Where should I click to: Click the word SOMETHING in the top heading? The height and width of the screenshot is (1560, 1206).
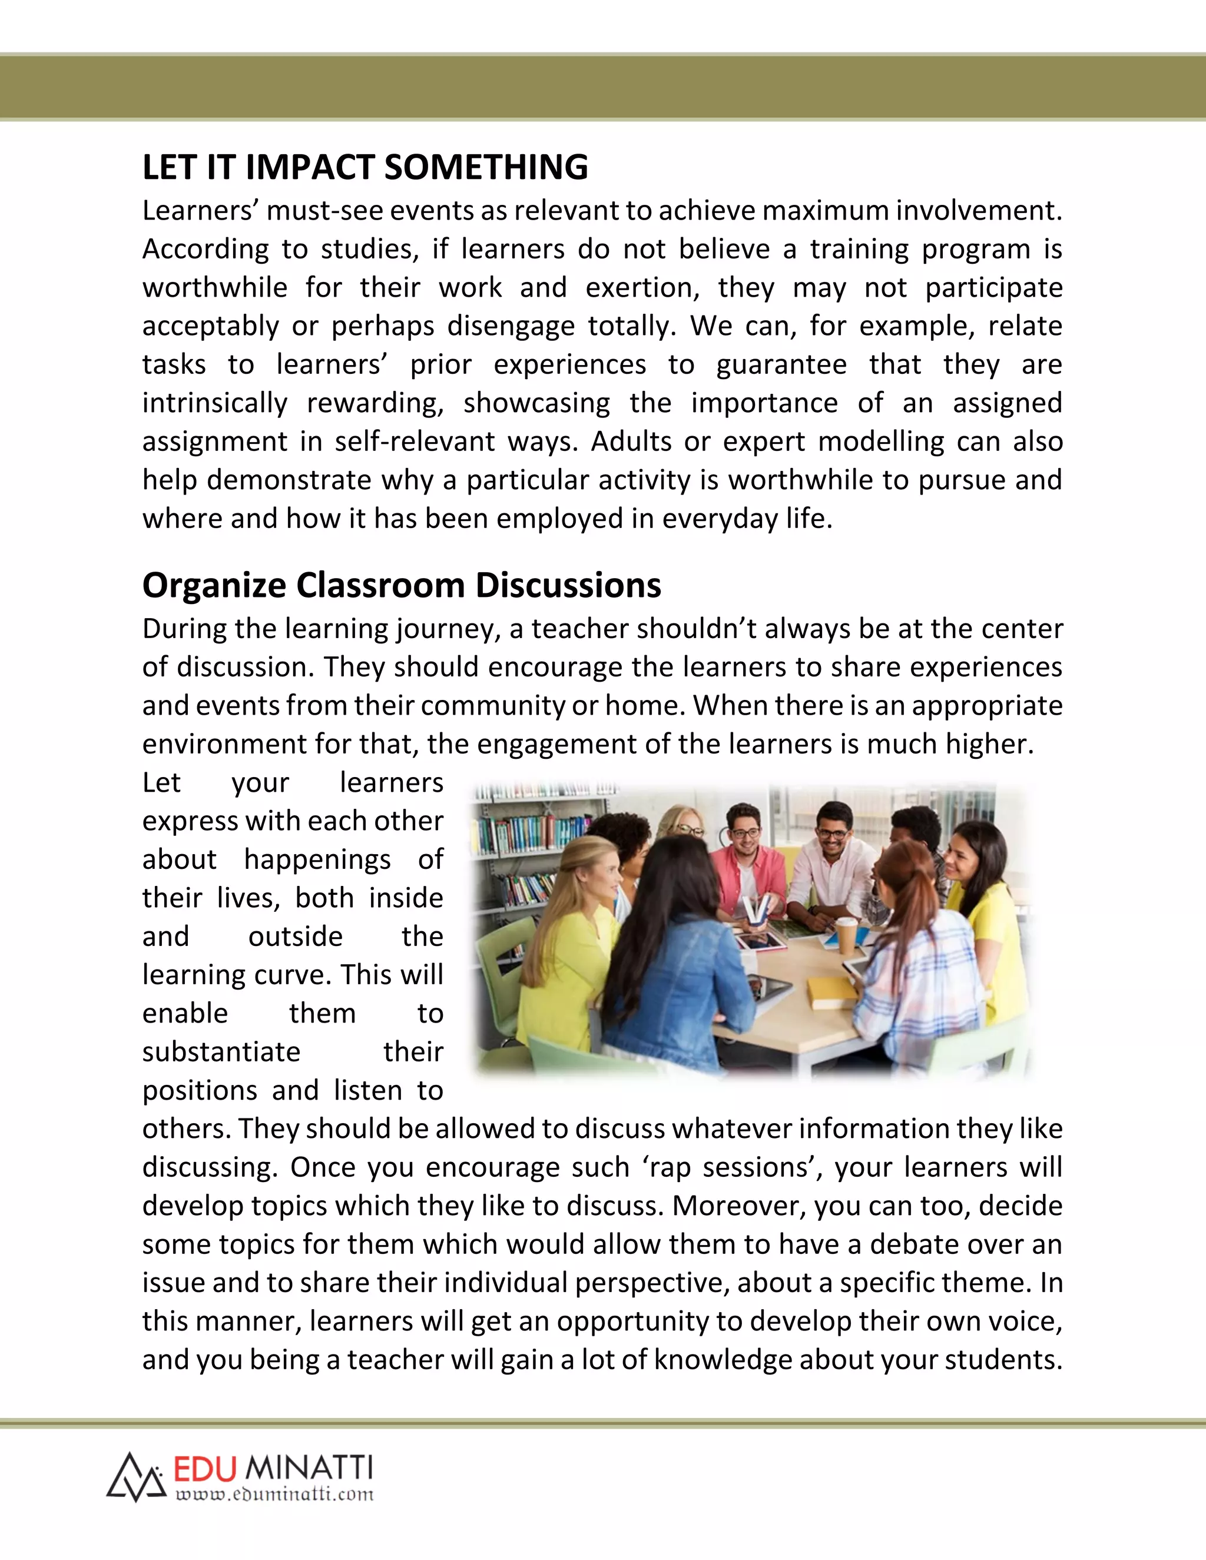[486, 167]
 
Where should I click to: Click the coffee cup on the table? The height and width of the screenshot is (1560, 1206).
[845, 935]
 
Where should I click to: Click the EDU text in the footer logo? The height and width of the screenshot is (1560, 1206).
[205, 1469]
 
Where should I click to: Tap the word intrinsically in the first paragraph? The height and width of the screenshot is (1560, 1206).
[214, 403]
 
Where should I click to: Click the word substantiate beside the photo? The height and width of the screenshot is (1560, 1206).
[221, 1052]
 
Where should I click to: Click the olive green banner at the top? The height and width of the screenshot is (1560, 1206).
[603, 87]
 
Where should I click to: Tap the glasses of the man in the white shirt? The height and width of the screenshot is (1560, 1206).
[832, 833]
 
